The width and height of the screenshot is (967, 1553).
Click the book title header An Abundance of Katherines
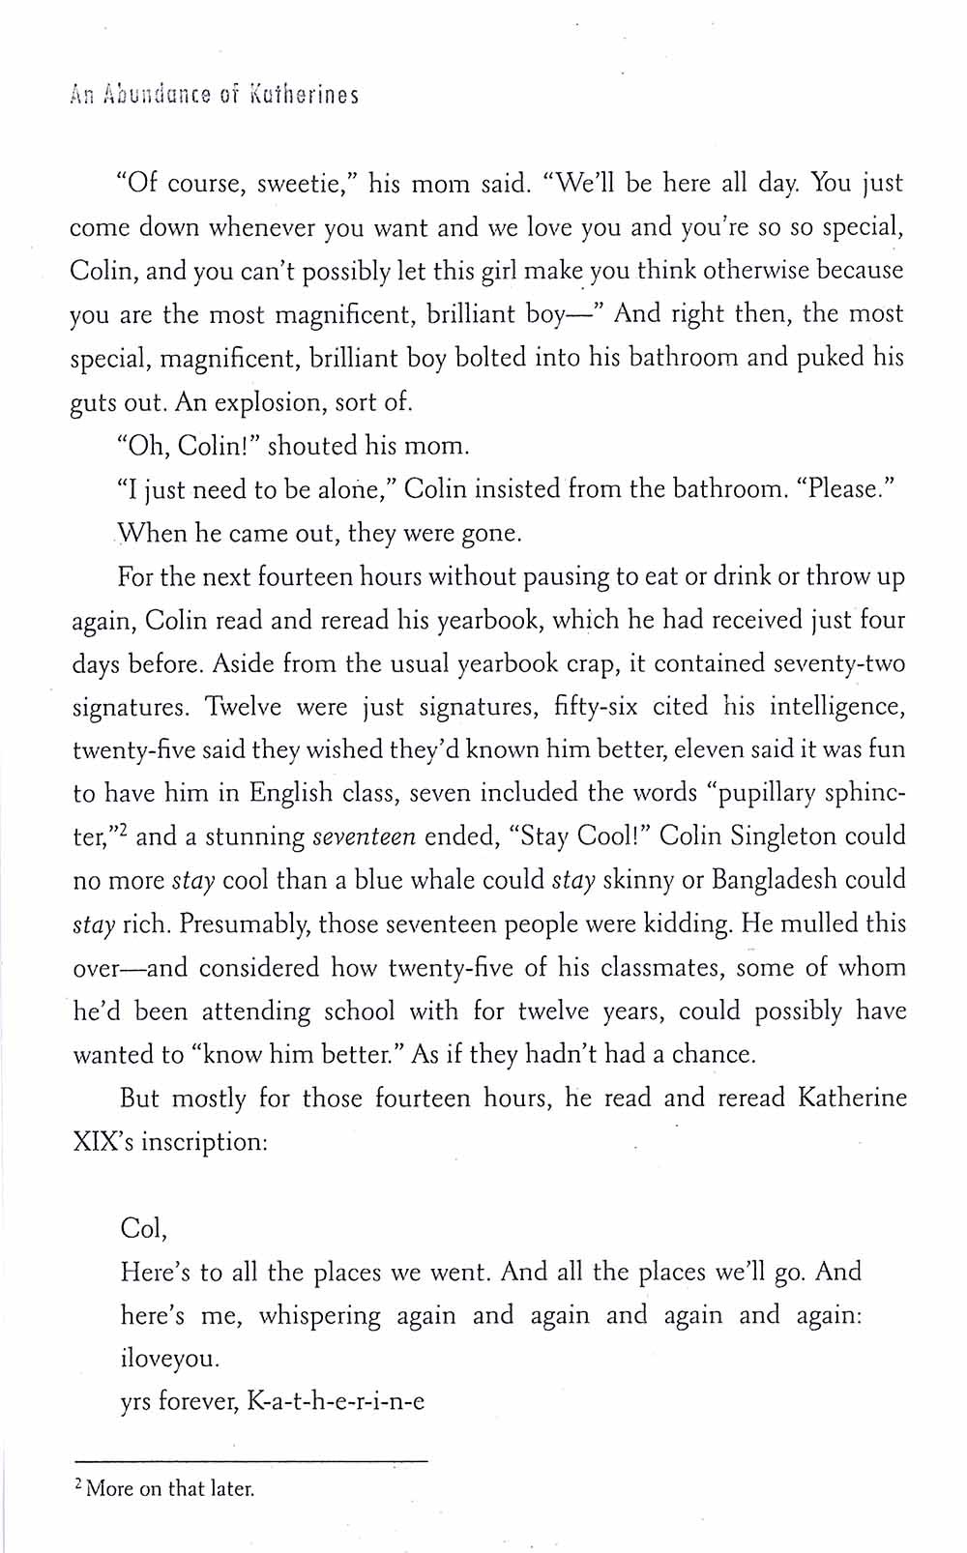(215, 95)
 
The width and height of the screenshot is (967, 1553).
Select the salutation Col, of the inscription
(143, 1228)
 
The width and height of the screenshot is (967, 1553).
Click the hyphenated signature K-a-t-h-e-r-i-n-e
(336, 1401)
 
